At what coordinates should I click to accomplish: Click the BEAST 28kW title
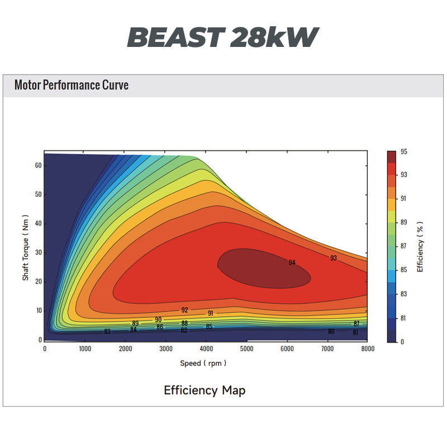pos(223,37)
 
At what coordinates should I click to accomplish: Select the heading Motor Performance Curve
pos(72,85)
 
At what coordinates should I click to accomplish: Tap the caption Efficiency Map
pos(205,390)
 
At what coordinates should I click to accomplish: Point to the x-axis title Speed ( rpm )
pos(203,363)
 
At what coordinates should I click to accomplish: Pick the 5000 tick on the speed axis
pos(247,349)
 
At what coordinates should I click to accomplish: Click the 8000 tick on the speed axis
pos(367,349)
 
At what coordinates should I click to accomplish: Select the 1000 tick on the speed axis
pos(84,349)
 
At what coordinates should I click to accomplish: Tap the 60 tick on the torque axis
pos(38,165)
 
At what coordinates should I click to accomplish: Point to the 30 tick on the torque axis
pos(38,253)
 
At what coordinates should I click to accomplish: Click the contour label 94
pos(292,263)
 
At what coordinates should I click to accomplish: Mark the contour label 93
pos(334,258)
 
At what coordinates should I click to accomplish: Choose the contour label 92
pos(184,310)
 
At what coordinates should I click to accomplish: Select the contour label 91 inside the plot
pos(210,313)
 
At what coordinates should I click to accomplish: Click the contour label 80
pos(331,331)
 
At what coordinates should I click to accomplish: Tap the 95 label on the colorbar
pos(403,151)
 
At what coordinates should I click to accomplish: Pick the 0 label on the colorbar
pos(402,342)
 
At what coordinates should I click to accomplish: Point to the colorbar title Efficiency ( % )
pos(420,246)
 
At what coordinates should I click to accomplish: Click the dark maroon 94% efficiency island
pos(263,268)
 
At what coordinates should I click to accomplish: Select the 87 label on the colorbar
pos(403,246)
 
